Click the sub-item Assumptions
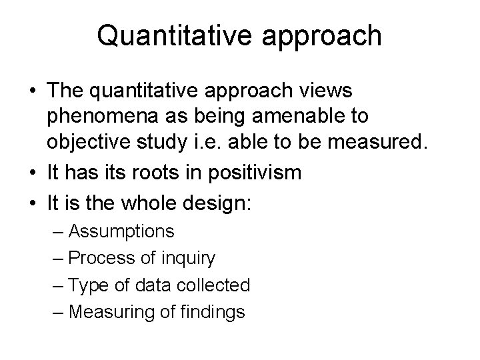[x=121, y=233]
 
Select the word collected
[x=212, y=285]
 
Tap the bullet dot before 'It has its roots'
[x=32, y=172]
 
